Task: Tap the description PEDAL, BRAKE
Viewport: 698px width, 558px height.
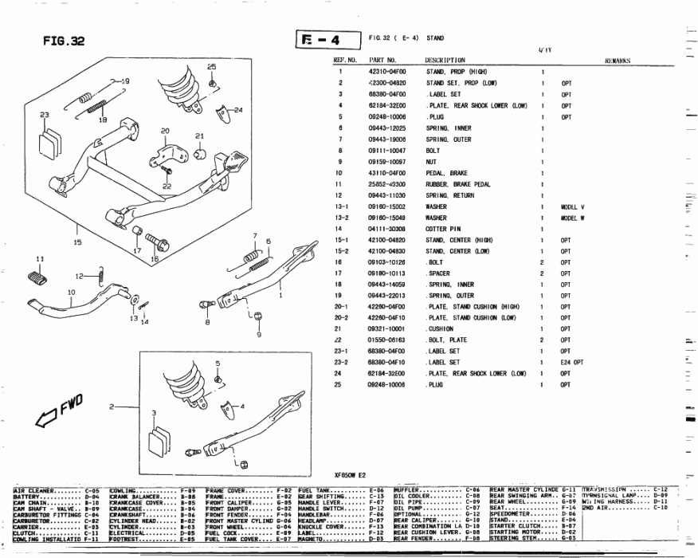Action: pos(447,173)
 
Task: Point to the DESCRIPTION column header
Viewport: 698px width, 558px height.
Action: pos(445,60)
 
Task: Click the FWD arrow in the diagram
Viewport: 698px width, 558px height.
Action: pos(58,414)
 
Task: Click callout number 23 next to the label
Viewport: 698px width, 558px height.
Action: pos(45,115)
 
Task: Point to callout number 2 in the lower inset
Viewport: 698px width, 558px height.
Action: pos(112,407)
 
